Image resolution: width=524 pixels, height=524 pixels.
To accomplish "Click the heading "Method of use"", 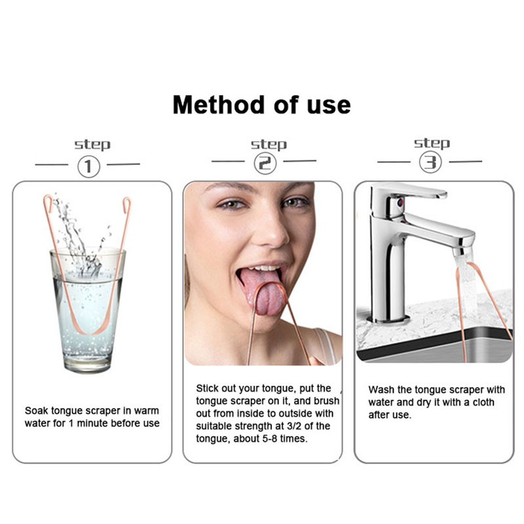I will [x=261, y=105].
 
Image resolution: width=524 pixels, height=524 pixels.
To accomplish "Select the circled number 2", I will [x=264, y=164].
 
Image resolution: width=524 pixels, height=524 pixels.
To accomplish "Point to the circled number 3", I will [x=430, y=162].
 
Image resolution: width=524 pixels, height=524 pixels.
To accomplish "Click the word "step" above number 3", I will [x=432, y=143].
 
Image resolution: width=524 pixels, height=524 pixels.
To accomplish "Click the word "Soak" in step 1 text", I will [x=37, y=411].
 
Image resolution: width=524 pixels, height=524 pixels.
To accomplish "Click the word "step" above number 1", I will [x=92, y=145].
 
